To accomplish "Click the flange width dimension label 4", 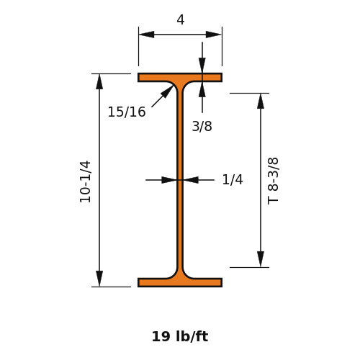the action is coord(181,19).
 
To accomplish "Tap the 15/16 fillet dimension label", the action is coord(127,112).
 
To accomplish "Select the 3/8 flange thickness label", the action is coord(202,126).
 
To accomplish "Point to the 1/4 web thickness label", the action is coord(233,179).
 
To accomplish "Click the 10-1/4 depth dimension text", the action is coord(86,181).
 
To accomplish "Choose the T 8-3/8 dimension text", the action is coord(273,181).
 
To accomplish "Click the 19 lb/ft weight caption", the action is coord(180,336).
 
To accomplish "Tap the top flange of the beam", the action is coord(180,78).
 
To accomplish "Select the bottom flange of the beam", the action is coord(180,282).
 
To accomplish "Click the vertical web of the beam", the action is coord(180,180).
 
